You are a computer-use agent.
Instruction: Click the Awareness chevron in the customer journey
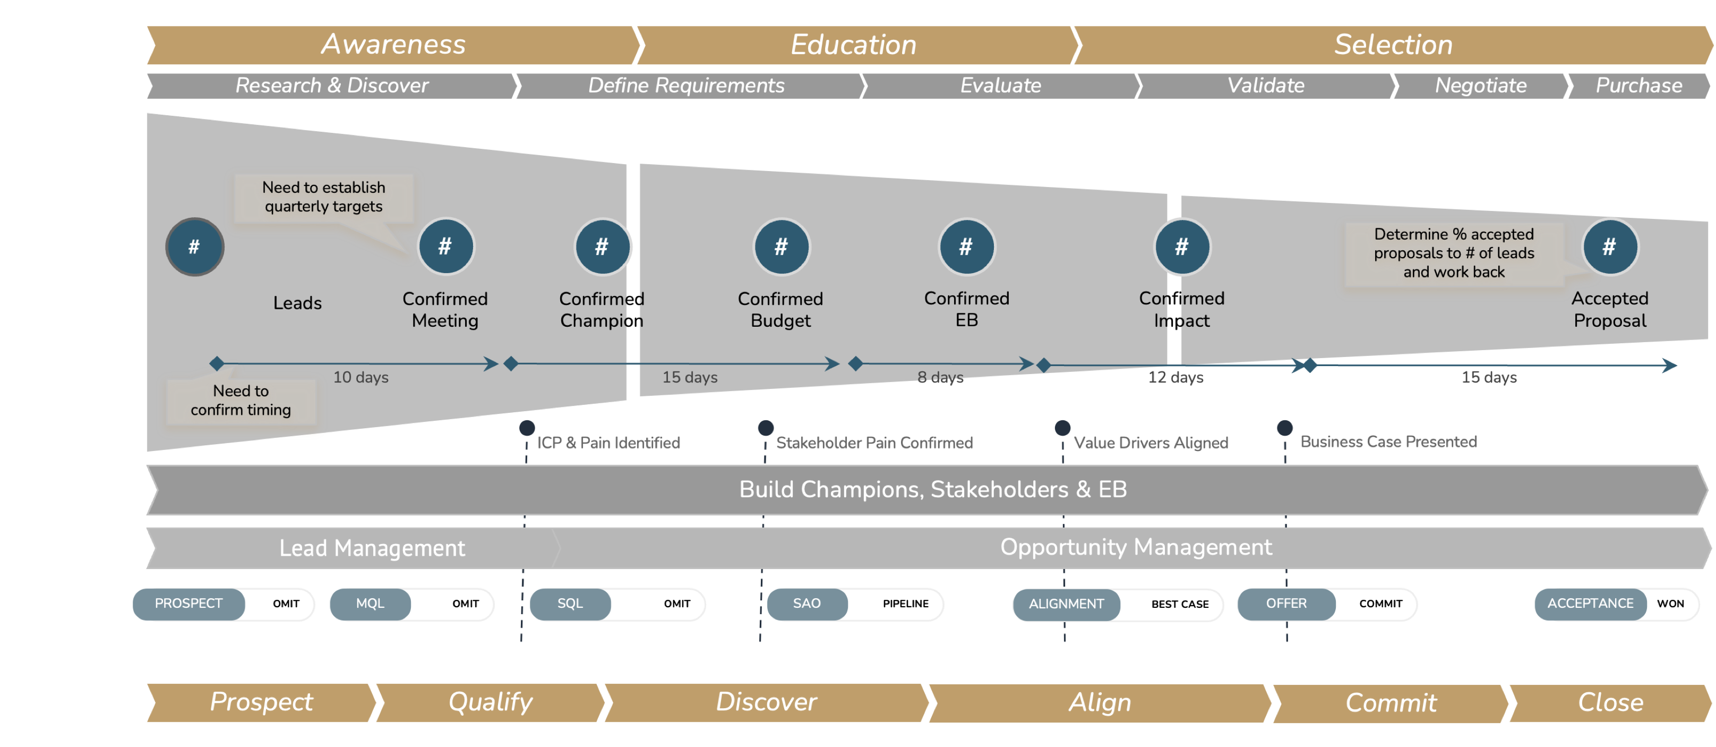393,45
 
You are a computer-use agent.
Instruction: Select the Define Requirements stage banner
686,86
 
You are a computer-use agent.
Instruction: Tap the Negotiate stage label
1480,86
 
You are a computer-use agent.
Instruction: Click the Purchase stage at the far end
1638,86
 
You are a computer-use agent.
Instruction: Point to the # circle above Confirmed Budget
782,247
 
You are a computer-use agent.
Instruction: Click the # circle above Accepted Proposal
1609,247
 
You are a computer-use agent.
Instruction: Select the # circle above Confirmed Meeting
445,247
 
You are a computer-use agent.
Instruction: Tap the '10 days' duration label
361,378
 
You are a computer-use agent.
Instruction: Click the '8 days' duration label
940,378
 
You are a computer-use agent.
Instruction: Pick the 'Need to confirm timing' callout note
241,401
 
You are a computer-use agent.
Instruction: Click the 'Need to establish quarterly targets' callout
324,197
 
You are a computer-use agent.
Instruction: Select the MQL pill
371,604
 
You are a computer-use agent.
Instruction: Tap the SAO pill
806,604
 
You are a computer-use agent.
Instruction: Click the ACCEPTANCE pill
1590,604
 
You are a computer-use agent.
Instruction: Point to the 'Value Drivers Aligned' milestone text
1151,443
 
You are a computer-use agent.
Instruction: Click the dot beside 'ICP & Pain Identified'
527,428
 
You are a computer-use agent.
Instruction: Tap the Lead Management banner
372,548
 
